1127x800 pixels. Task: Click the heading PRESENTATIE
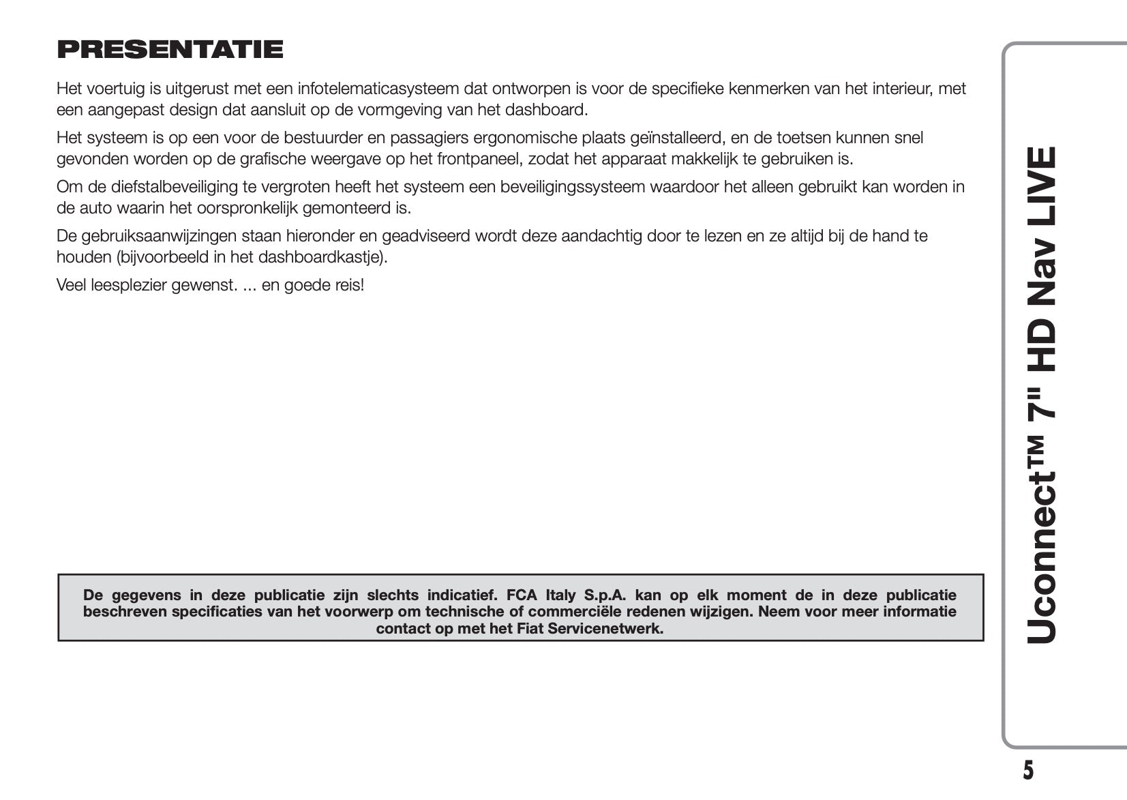pos(170,49)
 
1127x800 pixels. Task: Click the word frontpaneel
pos(482,160)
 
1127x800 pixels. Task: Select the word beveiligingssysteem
pos(573,187)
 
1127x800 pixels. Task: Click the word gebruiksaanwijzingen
pos(160,236)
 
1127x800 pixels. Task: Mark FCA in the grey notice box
pos(522,595)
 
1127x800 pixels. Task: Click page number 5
pos(1028,770)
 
